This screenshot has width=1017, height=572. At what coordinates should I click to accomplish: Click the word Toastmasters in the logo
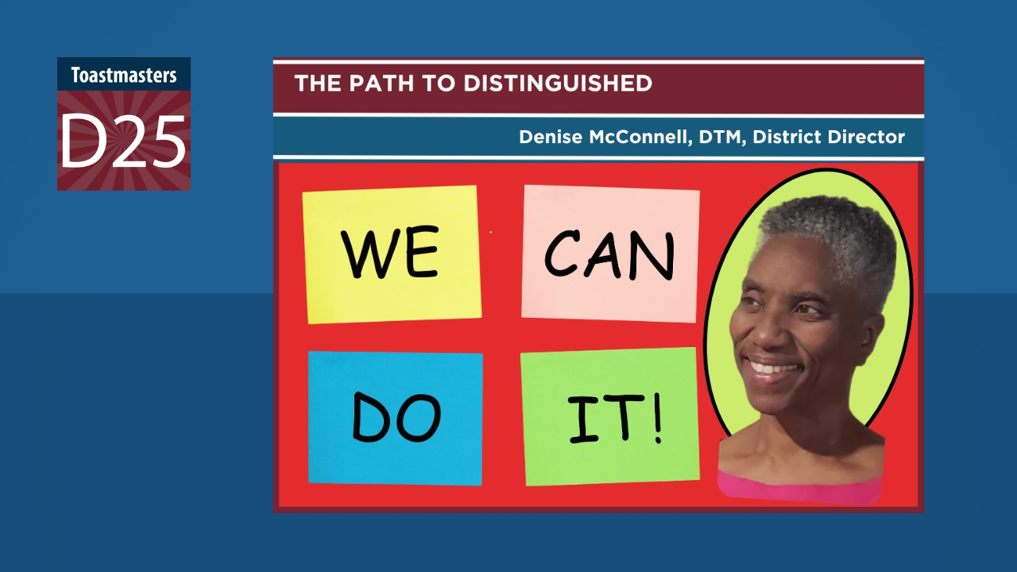123,75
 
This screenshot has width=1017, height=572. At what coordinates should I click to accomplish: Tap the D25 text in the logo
123,141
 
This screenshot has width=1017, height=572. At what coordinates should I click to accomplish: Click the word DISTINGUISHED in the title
558,83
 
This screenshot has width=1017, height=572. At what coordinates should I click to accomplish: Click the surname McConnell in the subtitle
640,137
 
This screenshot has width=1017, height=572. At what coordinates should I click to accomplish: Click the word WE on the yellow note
390,253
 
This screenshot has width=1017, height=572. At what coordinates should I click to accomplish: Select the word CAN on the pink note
609,254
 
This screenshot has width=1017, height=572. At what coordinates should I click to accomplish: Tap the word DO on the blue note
396,417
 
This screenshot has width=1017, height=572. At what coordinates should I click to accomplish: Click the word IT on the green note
606,419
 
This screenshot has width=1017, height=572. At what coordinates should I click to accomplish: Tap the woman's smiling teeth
771,368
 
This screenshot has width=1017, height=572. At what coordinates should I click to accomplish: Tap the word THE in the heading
318,83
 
